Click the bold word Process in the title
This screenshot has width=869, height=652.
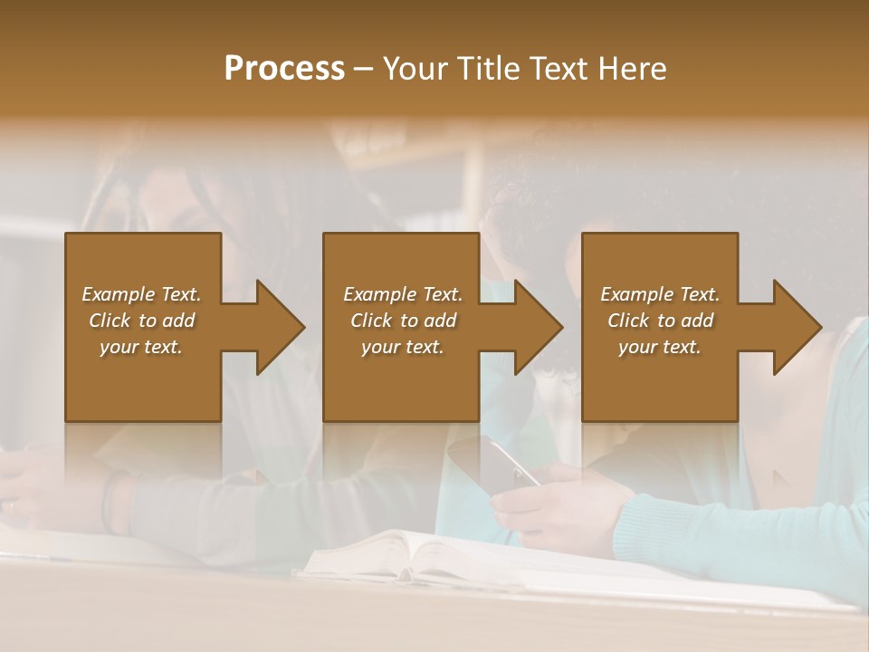coord(284,68)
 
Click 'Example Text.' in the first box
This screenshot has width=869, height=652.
coord(141,294)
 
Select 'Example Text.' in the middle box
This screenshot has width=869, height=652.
coord(402,294)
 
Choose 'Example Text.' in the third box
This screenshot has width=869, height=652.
coord(660,294)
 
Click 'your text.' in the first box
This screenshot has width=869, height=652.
coord(141,347)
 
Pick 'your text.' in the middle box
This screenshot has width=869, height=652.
coord(402,347)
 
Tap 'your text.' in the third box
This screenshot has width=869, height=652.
coord(660,347)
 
